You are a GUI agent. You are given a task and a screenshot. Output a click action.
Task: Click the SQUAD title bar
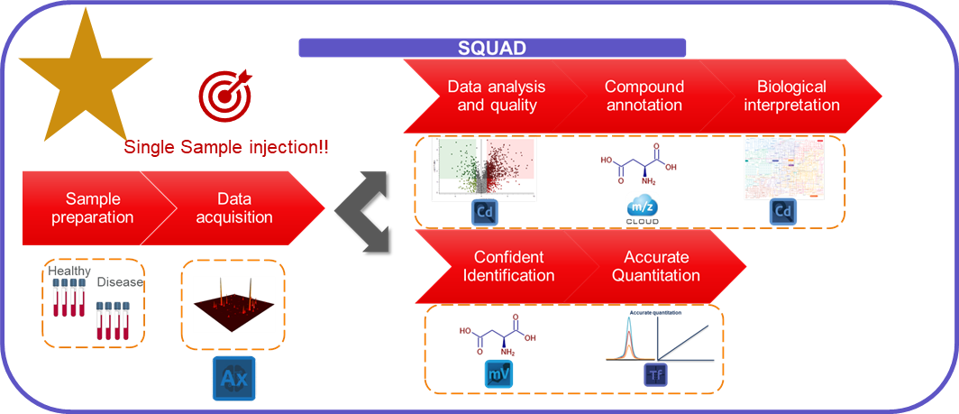tap(492, 48)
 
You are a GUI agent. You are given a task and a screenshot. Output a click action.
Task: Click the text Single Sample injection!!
tap(226, 146)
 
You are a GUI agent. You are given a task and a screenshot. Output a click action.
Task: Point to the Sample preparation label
tap(93, 207)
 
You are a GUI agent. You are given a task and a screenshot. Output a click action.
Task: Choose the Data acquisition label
tap(233, 207)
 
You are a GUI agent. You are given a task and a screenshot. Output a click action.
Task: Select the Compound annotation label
tap(644, 96)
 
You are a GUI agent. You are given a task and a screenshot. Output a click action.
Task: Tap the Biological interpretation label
tap(791, 96)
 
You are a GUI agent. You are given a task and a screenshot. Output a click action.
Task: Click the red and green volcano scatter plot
tap(484, 169)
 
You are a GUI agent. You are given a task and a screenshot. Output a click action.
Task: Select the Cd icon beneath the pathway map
tap(783, 213)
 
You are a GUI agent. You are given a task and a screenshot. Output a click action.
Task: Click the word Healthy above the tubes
tap(69, 271)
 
